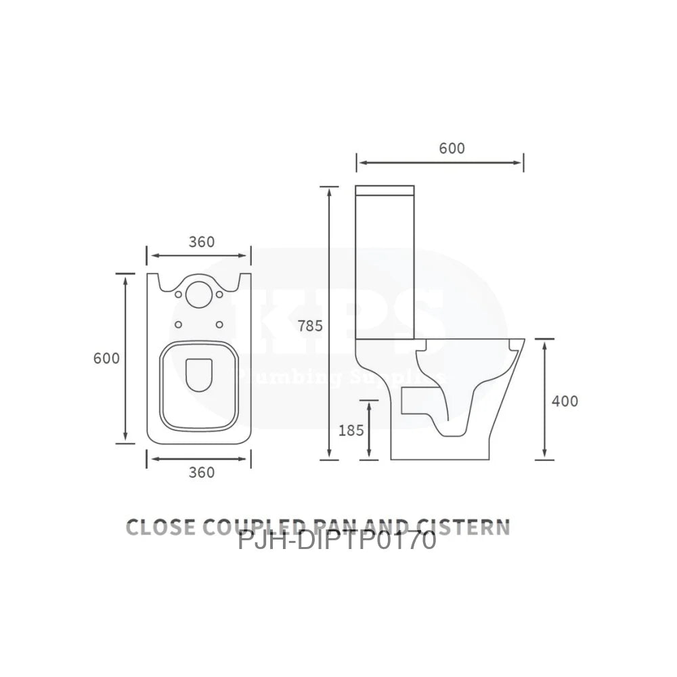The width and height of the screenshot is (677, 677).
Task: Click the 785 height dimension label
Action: [311, 326]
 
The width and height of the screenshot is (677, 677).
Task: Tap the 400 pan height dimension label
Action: [565, 401]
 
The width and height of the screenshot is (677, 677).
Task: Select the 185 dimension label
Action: [351, 429]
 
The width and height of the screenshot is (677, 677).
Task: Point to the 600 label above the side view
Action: [452, 148]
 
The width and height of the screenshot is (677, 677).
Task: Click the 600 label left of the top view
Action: [106, 358]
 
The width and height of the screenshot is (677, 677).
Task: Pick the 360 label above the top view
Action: [201, 242]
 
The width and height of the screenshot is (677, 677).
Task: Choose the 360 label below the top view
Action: [201, 472]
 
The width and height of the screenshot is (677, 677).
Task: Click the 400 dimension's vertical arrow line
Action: [545, 399]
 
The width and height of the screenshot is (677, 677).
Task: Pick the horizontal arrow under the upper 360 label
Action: [200, 257]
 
